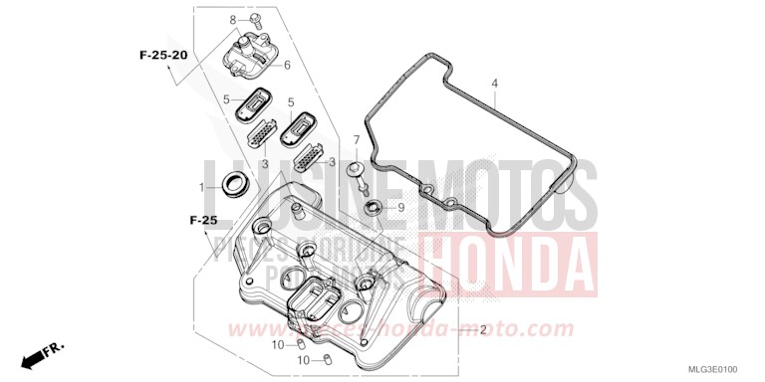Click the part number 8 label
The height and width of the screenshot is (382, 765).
tap(233, 20)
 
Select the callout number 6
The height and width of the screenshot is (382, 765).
tap(287, 66)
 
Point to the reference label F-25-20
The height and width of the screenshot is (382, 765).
tap(162, 55)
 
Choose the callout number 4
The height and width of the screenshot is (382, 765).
tap(493, 84)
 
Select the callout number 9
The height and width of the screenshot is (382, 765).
tap(400, 208)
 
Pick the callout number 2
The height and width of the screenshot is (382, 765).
tap(483, 329)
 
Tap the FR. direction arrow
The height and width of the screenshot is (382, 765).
tap(40, 353)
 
